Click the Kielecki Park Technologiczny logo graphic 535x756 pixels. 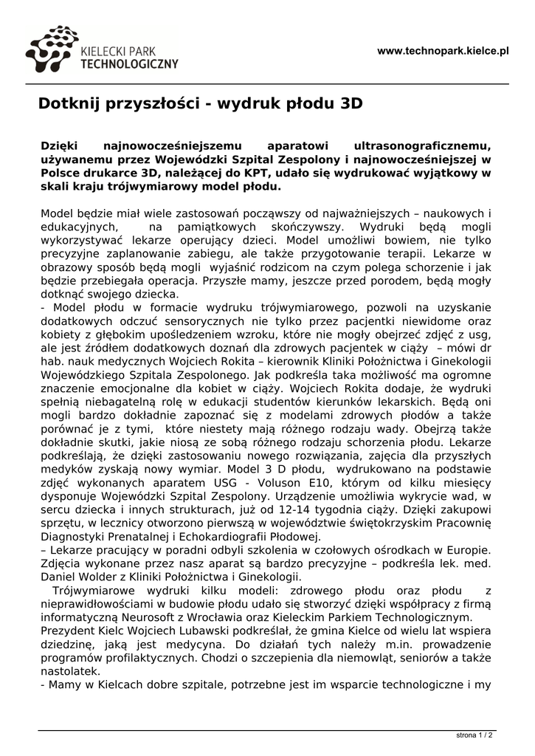[x=52, y=50]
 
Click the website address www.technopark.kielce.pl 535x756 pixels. [x=443, y=51]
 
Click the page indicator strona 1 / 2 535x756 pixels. [x=474, y=735]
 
